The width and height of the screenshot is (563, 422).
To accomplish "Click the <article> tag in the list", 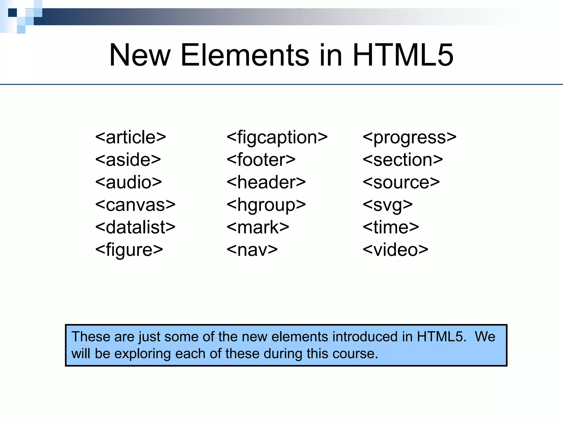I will click(x=131, y=137).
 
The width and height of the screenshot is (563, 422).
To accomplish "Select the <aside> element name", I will click(x=128, y=160).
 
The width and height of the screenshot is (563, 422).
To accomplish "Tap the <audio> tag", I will click(x=129, y=182).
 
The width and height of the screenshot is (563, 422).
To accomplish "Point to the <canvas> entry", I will click(x=135, y=205).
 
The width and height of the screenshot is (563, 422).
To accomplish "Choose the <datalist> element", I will click(x=135, y=227).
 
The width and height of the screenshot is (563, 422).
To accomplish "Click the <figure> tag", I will click(x=129, y=250).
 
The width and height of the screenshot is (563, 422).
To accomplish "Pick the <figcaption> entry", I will click(x=277, y=137).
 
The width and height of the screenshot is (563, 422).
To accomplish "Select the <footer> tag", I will click(x=261, y=160).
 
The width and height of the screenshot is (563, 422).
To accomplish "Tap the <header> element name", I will click(x=266, y=182).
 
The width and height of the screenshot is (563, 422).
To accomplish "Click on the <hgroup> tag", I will click(x=266, y=205).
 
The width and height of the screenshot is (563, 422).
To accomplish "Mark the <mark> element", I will click(x=258, y=227).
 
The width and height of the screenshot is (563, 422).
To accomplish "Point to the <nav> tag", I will click(x=252, y=250).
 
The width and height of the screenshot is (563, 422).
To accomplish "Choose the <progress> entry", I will click(x=410, y=137).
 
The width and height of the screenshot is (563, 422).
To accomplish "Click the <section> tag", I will click(x=403, y=160).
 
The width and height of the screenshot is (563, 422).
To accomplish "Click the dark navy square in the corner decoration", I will click(x=12, y=13).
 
